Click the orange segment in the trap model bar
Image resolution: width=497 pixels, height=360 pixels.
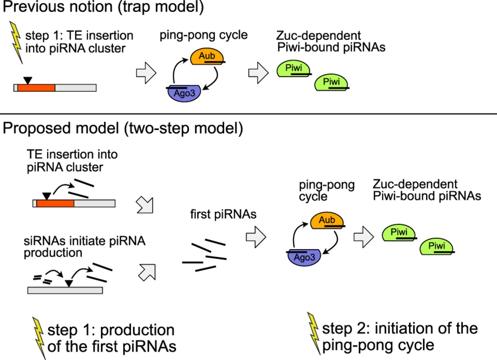click(36, 87)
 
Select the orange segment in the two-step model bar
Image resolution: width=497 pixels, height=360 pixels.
click(55, 203)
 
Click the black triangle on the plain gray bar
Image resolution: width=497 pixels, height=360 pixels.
click(69, 283)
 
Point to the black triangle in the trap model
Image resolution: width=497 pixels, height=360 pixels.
click(27, 80)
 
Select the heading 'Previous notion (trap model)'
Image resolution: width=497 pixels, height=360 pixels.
click(103, 8)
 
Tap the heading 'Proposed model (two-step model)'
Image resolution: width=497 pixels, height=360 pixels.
click(123, 129)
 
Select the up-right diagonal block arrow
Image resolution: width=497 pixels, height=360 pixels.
click(146, 271)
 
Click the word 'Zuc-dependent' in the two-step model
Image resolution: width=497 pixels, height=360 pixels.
click(415, 184)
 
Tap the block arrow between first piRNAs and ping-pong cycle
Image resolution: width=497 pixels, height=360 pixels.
click(256, 237)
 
